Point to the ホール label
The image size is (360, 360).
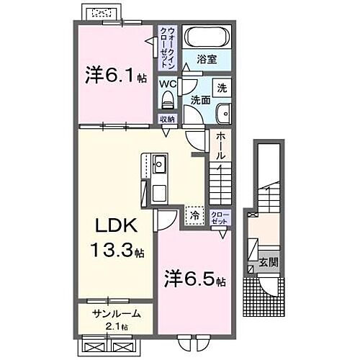point(220,145)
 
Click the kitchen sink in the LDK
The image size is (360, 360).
point(158,164)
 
